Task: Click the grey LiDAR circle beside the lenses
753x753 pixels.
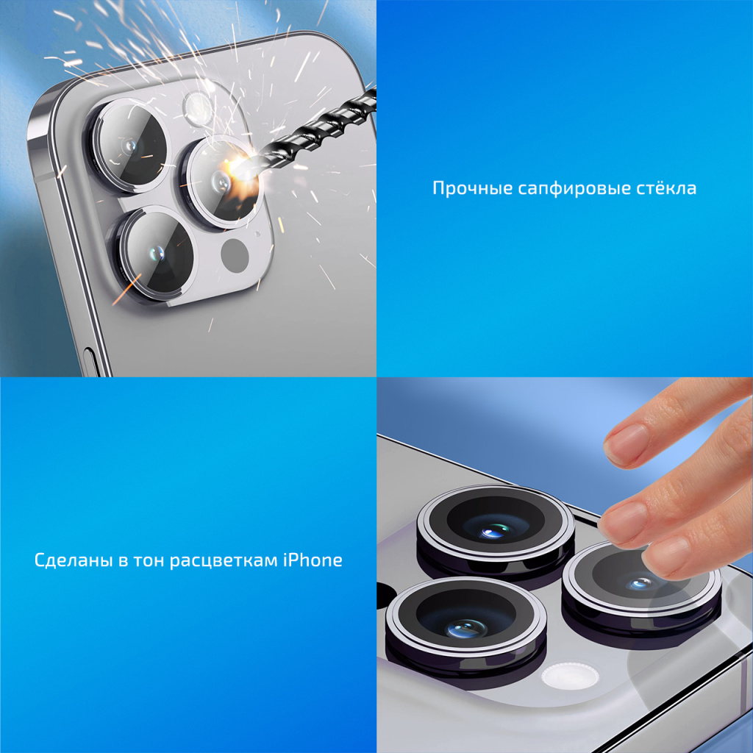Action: coord(235,254)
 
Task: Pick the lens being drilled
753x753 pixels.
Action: coord(222,182)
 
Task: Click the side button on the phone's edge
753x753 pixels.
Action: coord(90,363)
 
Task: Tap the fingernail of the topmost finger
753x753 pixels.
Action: coord(625,443)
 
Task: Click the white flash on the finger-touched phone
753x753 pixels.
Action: coord(570,675)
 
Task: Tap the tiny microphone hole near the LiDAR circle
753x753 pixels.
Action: coord(257,235)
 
